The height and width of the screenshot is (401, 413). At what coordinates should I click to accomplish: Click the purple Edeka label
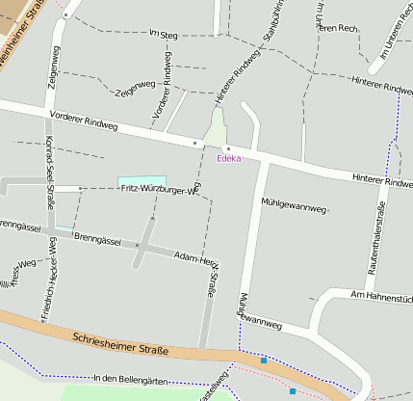228,158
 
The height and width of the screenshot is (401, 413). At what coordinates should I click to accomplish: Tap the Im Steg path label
166,35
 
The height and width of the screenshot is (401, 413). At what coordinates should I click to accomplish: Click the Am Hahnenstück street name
381,297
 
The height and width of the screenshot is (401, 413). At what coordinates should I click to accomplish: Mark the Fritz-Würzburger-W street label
159,190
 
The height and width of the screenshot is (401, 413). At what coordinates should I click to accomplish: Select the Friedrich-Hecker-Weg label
45,288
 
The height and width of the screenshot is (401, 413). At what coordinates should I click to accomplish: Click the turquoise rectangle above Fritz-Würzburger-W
142,181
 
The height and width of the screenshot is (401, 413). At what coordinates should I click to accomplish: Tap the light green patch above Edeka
217,129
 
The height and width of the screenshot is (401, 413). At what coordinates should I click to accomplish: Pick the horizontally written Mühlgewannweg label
296,203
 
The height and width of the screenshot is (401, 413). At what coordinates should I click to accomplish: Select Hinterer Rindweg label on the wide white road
382,180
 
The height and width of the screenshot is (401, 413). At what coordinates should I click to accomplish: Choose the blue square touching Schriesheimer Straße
264,361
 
